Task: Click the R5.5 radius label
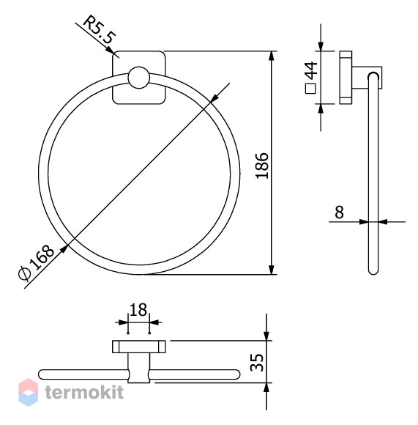pos(100,29)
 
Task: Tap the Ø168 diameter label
pos(37,262)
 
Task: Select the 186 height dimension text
pos(262,166)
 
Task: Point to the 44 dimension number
pos(311,70)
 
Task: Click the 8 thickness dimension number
pos(339,212)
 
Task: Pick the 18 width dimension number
pos(138,310)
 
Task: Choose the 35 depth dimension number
pos(256,363)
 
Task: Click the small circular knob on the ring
pos(138,78)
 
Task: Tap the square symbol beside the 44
pos(310,89)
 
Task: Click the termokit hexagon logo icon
pos(28,392)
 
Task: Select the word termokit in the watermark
pos(84,392)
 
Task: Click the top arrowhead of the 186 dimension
pos(272,56)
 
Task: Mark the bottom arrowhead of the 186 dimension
pos(272,270)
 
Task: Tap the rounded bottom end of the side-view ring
pos(373,271)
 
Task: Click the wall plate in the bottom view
pos(139,347)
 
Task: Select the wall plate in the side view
pos(346,78)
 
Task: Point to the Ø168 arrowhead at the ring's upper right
pos(215,98)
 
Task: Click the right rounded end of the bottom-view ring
pos(235,374)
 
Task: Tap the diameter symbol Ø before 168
pos(24,273)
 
